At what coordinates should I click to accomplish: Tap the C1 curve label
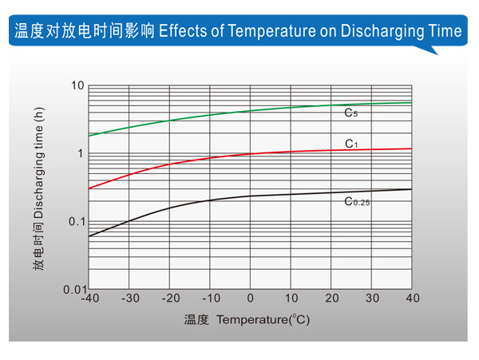(x=351, y=144)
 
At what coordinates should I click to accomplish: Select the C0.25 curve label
(x=357, y=202)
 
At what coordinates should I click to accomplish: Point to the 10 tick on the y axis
(x=77, y=85)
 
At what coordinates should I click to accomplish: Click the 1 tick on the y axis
(x=81, y=153)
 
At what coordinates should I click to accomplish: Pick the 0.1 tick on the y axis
(x=76, y=221)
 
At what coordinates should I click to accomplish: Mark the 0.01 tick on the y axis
(x=73, y=289)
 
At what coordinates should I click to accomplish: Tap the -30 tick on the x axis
(x=129, y=299)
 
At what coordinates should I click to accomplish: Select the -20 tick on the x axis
(x=169, y=299)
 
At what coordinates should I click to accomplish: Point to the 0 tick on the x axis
(x=251, y=299)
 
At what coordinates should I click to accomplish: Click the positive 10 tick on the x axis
(x=291, y=299)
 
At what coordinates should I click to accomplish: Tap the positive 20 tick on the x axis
(x=331, y=299)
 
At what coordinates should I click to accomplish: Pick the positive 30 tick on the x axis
(x=372, y=299)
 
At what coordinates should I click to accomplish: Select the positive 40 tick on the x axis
(x=413, y=299)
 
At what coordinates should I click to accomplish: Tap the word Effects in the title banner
(x=181, y=31)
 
